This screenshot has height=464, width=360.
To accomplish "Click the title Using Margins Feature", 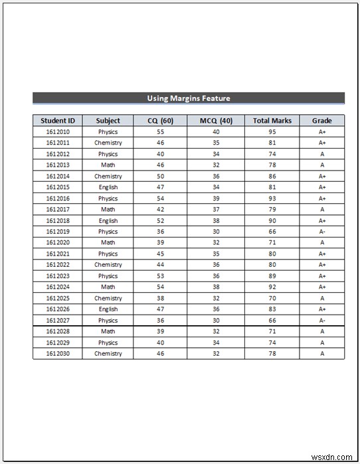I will (x=189, y=98).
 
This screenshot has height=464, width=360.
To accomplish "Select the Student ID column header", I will (x=58, y=120).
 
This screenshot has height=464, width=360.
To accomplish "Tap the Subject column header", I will (x=108, y=120).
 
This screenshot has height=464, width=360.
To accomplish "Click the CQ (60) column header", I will (x=160, y=120).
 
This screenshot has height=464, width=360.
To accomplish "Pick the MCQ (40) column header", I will (x=216, y=120).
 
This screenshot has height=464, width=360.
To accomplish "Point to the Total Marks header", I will (x=272, y=120).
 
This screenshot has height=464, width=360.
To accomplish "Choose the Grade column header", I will (x=322, y=120).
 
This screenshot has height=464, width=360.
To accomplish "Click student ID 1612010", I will (x=58, y=131).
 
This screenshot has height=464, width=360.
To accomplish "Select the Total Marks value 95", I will (x=272, y=131).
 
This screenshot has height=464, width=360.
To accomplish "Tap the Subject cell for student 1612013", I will (x=108, y=165).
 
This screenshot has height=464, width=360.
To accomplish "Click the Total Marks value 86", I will (x=272, y=176).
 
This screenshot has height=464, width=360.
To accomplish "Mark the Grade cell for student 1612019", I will (x=322, y=232).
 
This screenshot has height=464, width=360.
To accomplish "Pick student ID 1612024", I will (x=58, y=287).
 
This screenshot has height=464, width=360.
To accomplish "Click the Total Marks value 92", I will (x=272, y=287).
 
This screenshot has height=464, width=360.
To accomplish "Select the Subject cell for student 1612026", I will (x=108, y=309).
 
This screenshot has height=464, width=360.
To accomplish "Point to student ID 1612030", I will (x=58, y=354).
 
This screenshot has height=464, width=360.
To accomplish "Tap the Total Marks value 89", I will (x=272, y=276).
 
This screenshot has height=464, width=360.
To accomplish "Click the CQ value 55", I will (x=160, y=131).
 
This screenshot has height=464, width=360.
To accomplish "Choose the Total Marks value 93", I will (x=272, y=198).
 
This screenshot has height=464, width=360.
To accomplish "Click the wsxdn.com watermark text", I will (x=337, y=457).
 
